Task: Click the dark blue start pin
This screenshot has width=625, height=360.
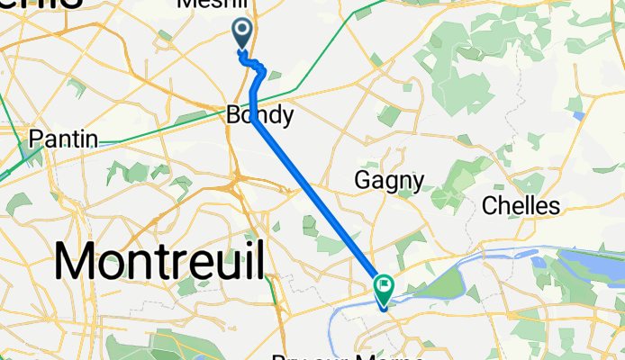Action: point(243,34)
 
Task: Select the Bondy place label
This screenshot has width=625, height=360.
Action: point(259,115)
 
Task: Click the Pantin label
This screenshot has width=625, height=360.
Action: point(63,139)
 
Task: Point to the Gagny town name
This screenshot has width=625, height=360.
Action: point(389,180)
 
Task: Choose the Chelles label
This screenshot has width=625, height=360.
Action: point(521,205)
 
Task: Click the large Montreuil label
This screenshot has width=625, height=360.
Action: point(160,261)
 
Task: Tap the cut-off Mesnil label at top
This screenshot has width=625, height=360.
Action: point(213,4)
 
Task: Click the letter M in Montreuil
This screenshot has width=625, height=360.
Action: point(77,261)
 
